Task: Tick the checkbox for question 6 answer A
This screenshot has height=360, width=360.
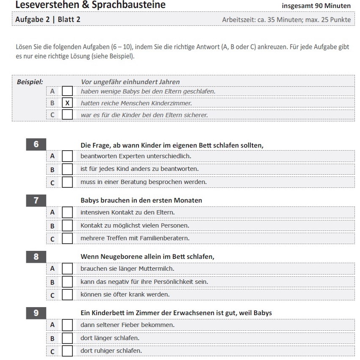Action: pyautogui.click(x=67, y=156)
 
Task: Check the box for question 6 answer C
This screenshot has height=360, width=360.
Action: pyautogui.click(x=67, y=182)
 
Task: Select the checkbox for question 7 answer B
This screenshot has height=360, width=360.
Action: pyautogui.click(x=67, y=226)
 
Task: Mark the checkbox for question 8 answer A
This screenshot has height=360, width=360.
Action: pyautogui.click(x=67, y=269)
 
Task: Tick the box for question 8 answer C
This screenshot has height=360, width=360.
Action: pyautogui.click(x=67, y=294)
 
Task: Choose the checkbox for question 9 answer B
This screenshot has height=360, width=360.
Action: pyautogui.click(x=67, y=338)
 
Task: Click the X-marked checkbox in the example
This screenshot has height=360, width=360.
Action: pyautogui.click(x=67, y=103)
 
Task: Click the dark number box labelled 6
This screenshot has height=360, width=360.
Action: pyautogui.click(x=36, y=145)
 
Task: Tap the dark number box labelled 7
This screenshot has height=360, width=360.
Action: pyautogui.click(x=36, y=200)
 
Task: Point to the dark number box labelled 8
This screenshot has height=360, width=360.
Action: pyautogui.click(x=36, y=256)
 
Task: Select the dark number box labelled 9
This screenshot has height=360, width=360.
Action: pyautogui.click(x=36, y=313)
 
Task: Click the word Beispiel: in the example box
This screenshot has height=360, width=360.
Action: pyautogui.click(x=30, y=82)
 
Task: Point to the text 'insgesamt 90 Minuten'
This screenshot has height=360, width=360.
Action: pyautogui.click(x=316, y=6)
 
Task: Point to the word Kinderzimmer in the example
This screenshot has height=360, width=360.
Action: pyautogui.click(x=172, y=103)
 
